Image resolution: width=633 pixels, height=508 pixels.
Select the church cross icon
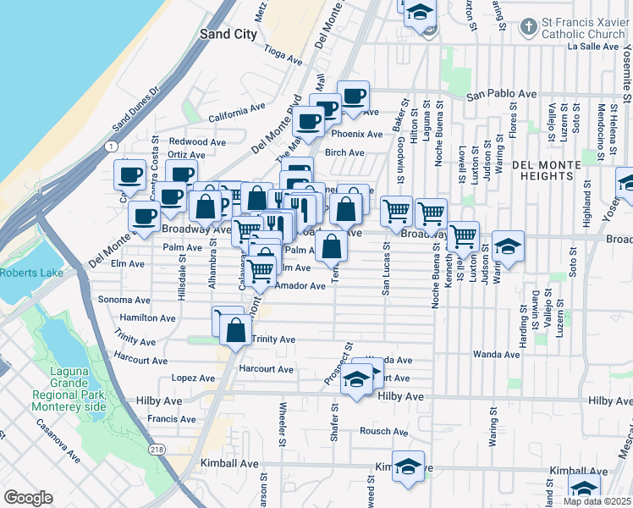tap(528, 27)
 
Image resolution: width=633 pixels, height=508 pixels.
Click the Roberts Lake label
tap(25, 273)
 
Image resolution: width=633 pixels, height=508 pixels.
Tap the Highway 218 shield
tap(157, 449)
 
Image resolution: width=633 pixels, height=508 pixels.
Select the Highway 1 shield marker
tap(112, 146)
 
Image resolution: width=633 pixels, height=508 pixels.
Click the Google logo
tap(28, 498)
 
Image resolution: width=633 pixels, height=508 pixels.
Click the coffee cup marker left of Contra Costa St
tap(129, 174)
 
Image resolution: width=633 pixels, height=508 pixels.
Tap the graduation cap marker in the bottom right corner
tap(584, 489)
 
